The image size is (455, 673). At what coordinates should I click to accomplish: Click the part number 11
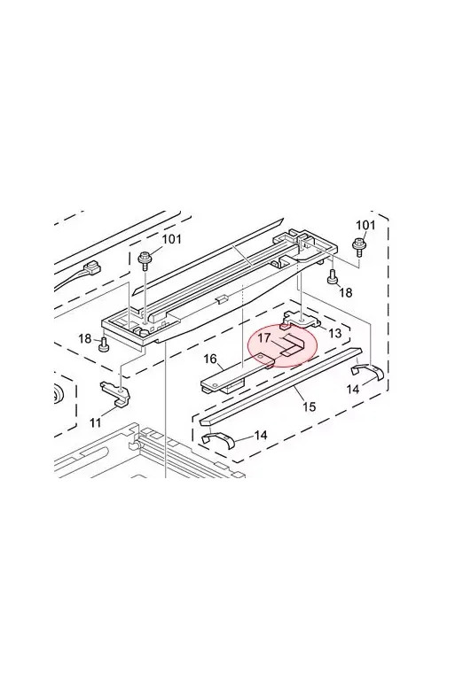[96, 422]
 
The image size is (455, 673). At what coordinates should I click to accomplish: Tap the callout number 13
[334, 333]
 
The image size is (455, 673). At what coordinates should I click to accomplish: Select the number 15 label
[310, 406]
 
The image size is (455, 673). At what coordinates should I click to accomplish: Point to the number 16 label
[210, 359]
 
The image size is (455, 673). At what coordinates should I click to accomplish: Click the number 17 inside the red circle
[264, 337]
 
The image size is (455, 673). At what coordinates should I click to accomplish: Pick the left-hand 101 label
[171, 238]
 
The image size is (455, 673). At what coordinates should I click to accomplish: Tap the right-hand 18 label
[345, 292]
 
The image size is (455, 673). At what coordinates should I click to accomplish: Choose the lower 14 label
[260, 435]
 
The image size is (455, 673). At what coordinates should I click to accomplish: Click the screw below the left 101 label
[145, 262]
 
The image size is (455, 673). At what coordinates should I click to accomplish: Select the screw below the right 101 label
[357, 248]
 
